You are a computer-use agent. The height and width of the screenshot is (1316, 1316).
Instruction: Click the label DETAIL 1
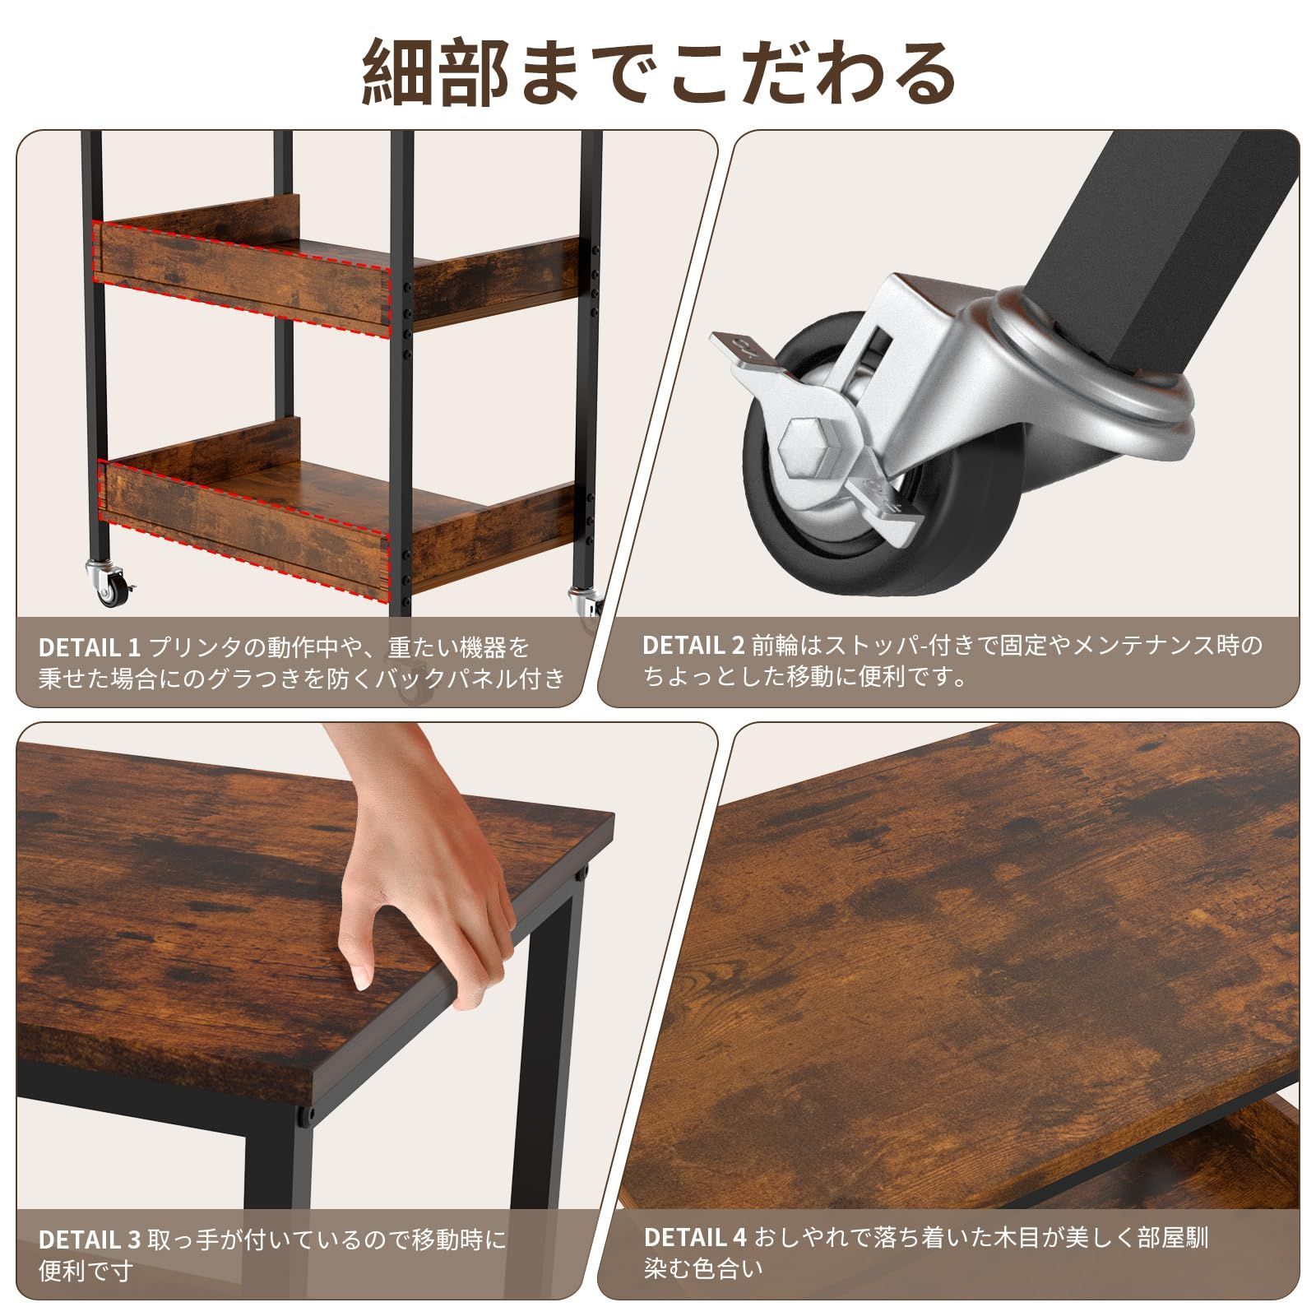[x=90, y=647]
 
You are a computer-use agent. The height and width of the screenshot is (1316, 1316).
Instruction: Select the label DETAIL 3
[x=90, y=1240]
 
